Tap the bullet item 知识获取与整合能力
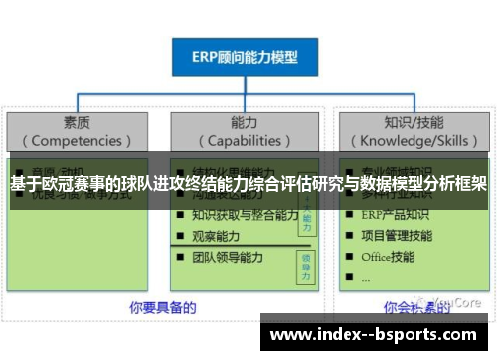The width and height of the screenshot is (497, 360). tap(245, 215)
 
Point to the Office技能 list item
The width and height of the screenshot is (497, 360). tap(388, 256)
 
